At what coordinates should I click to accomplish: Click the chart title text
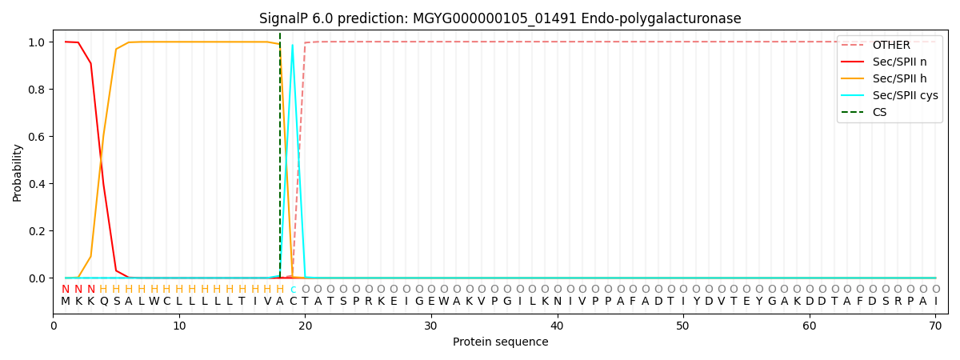click(500, 18)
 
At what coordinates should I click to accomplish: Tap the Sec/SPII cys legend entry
click(890, 95)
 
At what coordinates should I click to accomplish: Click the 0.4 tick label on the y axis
click(37, 184)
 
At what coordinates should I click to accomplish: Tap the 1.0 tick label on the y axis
click(37, 42)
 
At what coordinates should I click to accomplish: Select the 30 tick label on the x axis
click(431, 326)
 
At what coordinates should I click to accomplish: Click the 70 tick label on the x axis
click(935, 326)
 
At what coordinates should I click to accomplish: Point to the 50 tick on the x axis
click(683, 315)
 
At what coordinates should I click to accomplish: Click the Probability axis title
click(17, 173)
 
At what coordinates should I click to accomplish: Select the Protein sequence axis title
click(501, 342)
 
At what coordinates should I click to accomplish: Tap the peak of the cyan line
click(292, 45)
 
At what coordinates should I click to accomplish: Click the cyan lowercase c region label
click(293, 290)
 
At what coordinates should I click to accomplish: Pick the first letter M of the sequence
click(66, 302)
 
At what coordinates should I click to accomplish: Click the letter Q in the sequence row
click(103, 302)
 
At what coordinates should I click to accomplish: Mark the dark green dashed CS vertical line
click(280, 155)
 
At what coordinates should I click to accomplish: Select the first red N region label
click(66, 289)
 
